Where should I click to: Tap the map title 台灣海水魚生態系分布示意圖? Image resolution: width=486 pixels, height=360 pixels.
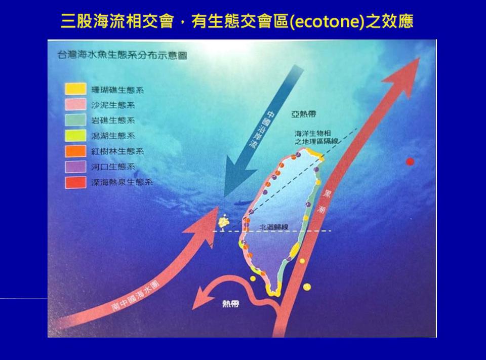pos(122,55)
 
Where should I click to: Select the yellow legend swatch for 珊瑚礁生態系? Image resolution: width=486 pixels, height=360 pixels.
pos(75,90)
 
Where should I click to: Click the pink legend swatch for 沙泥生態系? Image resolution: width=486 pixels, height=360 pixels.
pos(75,105)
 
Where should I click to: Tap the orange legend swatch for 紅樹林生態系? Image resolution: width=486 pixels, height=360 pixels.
pos(75,151)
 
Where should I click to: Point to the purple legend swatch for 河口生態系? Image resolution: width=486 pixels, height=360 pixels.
pos(75,166)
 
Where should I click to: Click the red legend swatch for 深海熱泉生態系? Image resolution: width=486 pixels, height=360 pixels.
pos(75,182)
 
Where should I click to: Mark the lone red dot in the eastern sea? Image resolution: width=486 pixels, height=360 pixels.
pos(410,162)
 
